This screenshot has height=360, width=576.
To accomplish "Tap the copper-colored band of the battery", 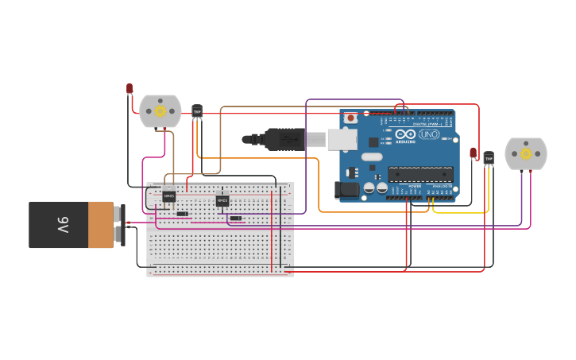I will pos(100,225).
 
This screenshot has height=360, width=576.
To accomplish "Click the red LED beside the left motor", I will pos(130,88).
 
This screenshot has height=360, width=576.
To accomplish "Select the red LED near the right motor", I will pos(473,153).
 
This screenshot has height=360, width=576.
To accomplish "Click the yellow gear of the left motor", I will pos(160,111).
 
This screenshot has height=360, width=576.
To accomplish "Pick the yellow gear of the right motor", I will pos(525,154).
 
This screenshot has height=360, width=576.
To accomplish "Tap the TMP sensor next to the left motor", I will pos(197,112).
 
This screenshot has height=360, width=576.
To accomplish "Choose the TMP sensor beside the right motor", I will pos(489,159).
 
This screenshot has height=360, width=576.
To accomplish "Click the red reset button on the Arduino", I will pos(350,118).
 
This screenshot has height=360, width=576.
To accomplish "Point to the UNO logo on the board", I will pos(429,134).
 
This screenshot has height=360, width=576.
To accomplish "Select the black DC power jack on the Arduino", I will pos(347,190).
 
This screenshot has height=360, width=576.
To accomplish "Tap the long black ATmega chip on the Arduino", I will pos(420,174).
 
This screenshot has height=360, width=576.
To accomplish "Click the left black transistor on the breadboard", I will pos(169,196).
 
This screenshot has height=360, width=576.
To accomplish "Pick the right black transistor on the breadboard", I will pos(222,201).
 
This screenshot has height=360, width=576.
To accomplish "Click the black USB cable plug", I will pos(284,139).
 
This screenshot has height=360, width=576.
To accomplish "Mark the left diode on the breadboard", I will pos(183,214).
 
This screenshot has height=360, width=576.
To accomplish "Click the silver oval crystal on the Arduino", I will pos(371,157).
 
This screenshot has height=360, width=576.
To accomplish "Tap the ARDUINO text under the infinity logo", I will pos(405,142).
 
